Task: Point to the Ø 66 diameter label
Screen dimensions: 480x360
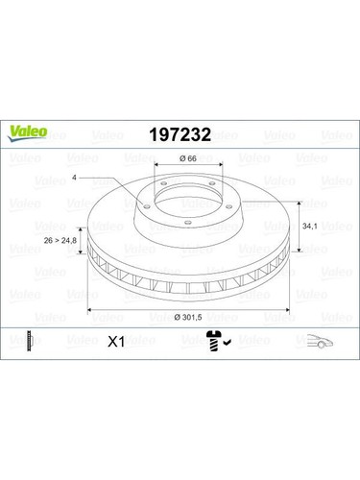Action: (x=188, y=157)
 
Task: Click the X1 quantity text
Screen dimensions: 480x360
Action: (x=116, y=340)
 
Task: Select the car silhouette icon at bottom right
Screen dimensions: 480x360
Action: (x=318, y=339)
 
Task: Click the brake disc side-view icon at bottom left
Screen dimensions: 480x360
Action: (x=30, y=339)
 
